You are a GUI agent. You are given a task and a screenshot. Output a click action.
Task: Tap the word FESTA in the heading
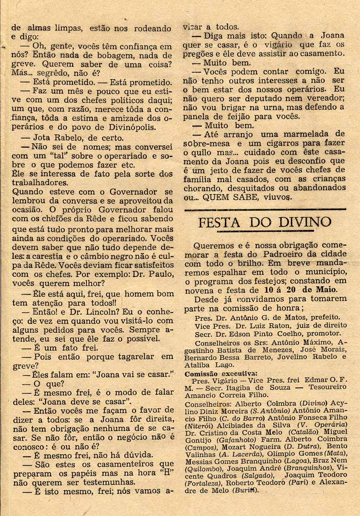218,222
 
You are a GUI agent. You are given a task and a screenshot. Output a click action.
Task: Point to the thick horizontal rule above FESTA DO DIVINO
265,209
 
